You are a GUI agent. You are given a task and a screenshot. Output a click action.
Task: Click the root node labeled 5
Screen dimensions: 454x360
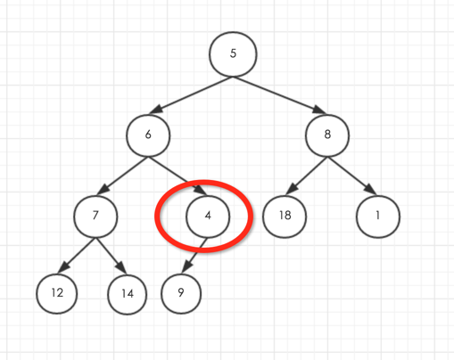point(233,54)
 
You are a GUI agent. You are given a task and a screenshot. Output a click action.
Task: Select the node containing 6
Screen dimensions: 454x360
point(148,135)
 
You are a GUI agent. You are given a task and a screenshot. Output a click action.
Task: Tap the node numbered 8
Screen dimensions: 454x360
point(327,135)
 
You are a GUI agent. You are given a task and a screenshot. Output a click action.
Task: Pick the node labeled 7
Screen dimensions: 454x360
point(95,217)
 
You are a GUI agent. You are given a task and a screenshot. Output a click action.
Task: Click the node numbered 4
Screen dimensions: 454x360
point(208,217)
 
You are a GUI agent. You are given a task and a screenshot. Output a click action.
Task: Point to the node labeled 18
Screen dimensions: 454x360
point(285,217)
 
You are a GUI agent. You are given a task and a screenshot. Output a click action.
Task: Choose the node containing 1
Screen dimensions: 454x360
point(378,217)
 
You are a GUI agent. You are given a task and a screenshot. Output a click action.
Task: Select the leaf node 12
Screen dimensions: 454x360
point(57,293)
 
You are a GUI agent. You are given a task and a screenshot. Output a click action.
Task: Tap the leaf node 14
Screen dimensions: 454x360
point(128,294)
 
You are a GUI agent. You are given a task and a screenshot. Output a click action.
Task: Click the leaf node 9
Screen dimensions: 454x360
point(181,293)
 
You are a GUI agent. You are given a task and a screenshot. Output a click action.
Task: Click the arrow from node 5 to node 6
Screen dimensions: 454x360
point(191,95)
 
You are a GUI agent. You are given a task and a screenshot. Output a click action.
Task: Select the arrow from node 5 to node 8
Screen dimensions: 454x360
point(279,95)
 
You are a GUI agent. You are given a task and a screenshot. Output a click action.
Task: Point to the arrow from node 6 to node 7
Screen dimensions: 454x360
point(122,176)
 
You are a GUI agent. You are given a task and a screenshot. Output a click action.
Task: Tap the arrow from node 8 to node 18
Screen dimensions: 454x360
point(306,176)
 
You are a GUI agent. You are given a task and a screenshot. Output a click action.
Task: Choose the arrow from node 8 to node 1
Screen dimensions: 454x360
point(351,176)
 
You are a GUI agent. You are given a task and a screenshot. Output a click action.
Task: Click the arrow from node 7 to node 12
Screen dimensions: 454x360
point(77,255)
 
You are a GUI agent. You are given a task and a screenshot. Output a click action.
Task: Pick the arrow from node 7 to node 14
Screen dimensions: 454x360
point(111,256)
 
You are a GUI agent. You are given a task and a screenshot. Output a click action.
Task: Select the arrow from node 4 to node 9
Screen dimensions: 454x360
point(194,255)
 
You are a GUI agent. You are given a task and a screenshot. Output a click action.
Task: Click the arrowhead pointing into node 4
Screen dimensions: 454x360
point(201,190)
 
